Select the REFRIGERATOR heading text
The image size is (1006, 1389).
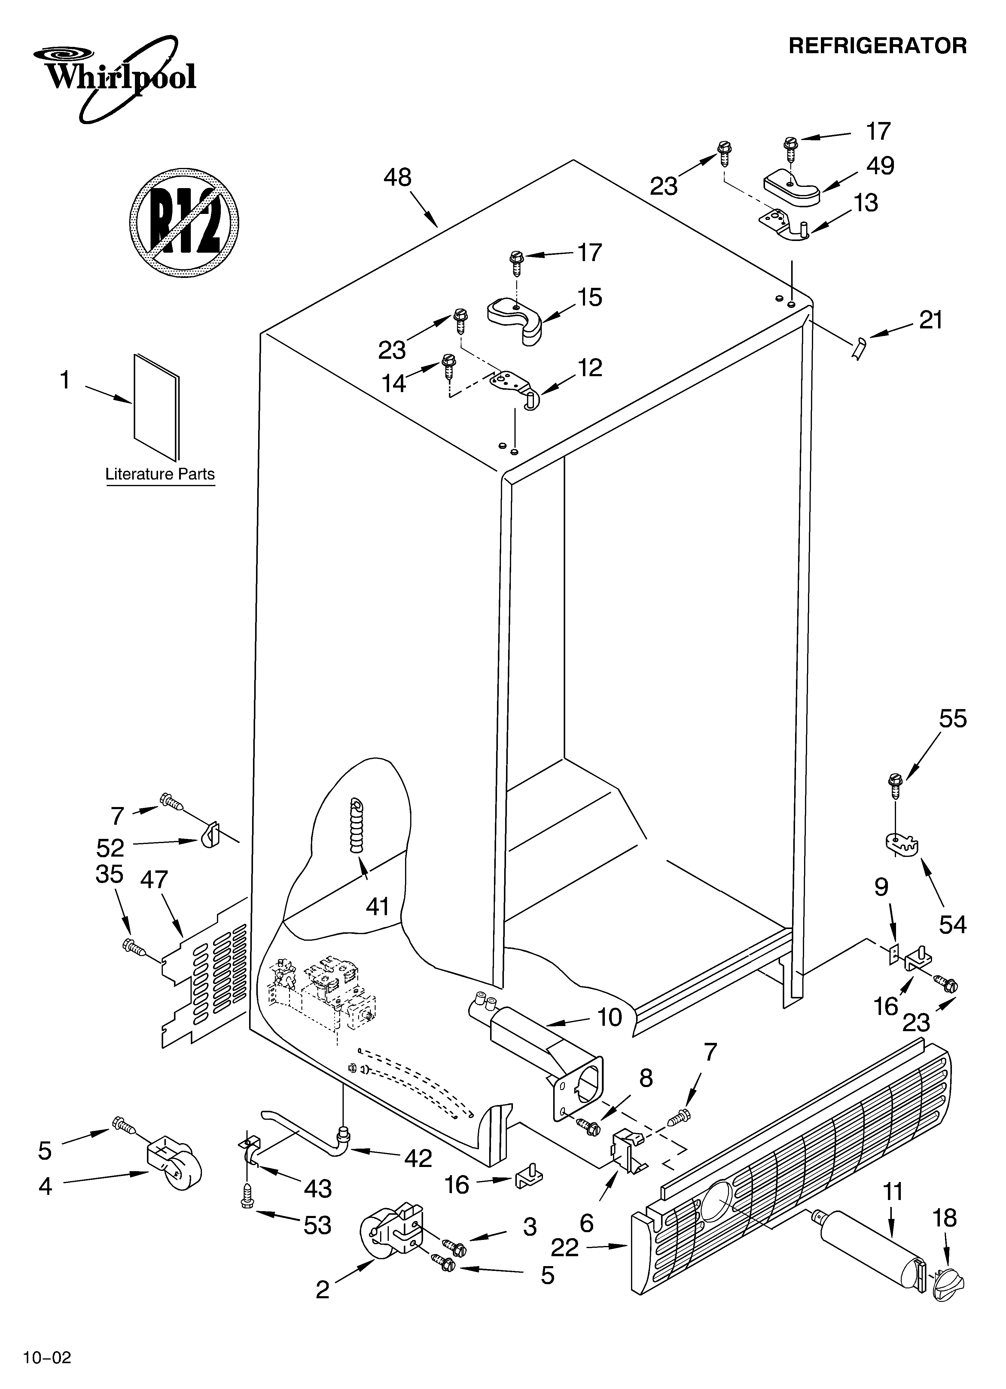click(x=877, y=46)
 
